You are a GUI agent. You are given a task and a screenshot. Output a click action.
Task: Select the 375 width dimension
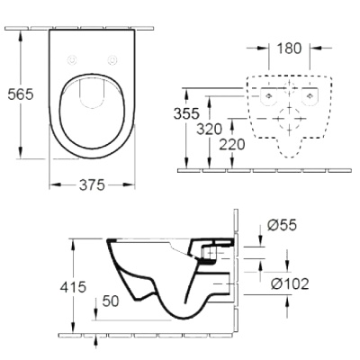pos(90,184)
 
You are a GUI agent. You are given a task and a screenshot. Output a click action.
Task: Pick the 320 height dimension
pos(209,129)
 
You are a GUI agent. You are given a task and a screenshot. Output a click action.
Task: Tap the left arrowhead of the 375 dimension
pos(51,184)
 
